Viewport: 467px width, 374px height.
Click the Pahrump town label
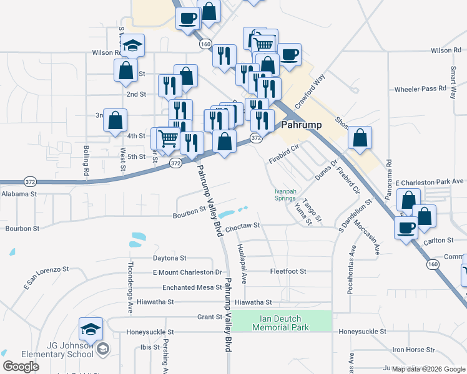[x=302, y=125]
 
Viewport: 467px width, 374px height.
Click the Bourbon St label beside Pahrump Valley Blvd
[x=190, y=213]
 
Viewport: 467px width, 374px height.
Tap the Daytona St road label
[x=170, y=257]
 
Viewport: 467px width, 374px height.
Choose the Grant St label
[x=210, y=317]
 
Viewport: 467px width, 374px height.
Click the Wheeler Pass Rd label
[x=420, y=89]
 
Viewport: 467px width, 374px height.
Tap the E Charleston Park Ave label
[x=431, y=182]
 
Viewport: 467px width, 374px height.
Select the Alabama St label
[x=19, y=194]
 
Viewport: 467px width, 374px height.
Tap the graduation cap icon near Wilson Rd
[x=132, y=46]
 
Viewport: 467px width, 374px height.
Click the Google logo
[x=21, y=367]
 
